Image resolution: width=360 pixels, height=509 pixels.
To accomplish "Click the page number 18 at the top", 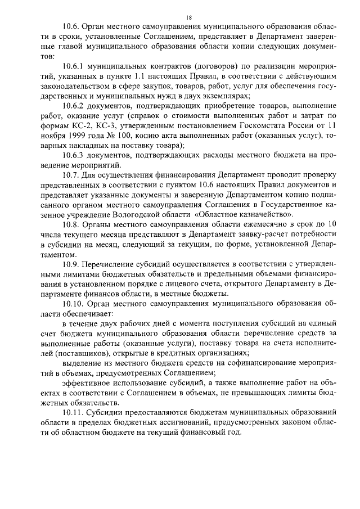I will [x=181, y=18].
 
